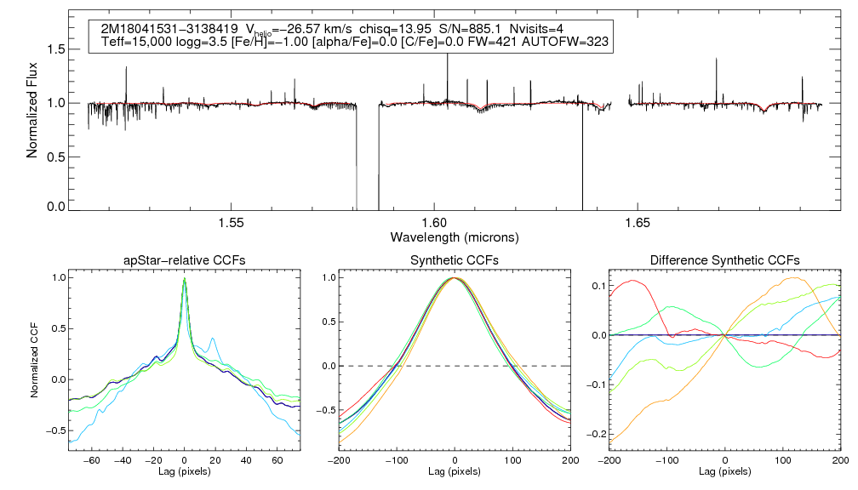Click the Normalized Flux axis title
click(33, 112)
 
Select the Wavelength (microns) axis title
click(455, 236)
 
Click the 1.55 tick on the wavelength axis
click(232, 223)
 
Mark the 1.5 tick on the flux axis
click(55, 49)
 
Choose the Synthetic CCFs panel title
click(455, 260)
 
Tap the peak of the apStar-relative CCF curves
click(185, 278)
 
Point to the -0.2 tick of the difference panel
click(592, 434)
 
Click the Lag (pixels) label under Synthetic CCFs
click(455, 470)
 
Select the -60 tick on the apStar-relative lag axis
click(94, 459)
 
